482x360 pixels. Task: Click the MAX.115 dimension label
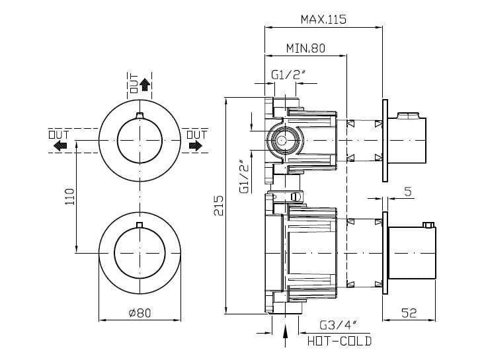[323, 19]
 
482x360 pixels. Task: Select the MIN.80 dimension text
[305, 48]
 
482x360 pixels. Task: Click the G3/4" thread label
[338, 325]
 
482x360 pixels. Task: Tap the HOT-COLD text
[339, 341]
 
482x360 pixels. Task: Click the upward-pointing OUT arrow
[145, 85]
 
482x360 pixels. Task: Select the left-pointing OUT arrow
[59, 146]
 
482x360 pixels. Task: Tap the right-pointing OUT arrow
[196, 146]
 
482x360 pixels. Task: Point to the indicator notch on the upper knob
[139, 117]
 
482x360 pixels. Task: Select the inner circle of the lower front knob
[139, 250]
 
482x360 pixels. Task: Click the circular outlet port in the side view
[283, 139]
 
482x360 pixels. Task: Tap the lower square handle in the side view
[411, 251]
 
